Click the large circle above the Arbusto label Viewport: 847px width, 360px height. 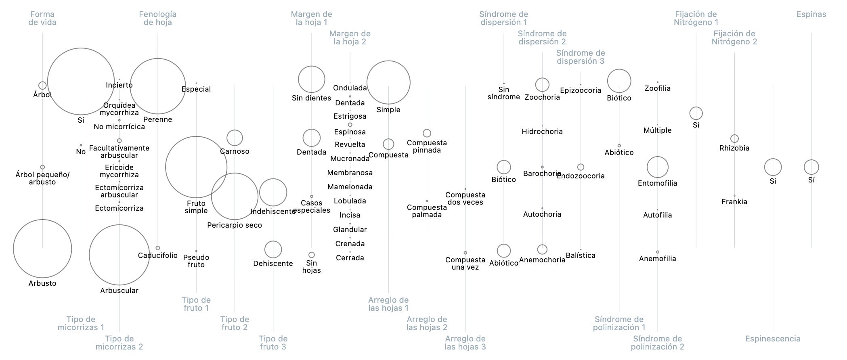coord(42,249)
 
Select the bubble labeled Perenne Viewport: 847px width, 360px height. coord(157,86)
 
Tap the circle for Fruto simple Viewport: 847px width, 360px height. coord(196,167)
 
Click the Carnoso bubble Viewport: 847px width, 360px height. coord(235,138)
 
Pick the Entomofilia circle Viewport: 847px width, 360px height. coord(657,167)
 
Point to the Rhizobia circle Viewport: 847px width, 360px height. coord(734,138)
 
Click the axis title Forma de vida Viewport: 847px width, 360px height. coord(42,19)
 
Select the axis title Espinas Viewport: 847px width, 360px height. coord(811,15)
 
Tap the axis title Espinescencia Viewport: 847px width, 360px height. coord(773,339)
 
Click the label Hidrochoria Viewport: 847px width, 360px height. coord(542,132)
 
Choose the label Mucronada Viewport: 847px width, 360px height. coord(350,159)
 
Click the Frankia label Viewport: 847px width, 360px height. coord(734,202)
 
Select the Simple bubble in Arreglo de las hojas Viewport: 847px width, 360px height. coord(388,82)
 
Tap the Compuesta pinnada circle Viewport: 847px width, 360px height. coord(427,133)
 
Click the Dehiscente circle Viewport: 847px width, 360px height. coord(273,249)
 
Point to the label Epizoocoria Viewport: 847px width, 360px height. coord(580,90)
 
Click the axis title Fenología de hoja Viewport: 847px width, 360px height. coord(157,19)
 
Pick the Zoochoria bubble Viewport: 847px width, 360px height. coord(542,85)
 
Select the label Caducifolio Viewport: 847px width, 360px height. coord(157,255)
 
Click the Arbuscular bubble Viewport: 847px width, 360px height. coord(119,255)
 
